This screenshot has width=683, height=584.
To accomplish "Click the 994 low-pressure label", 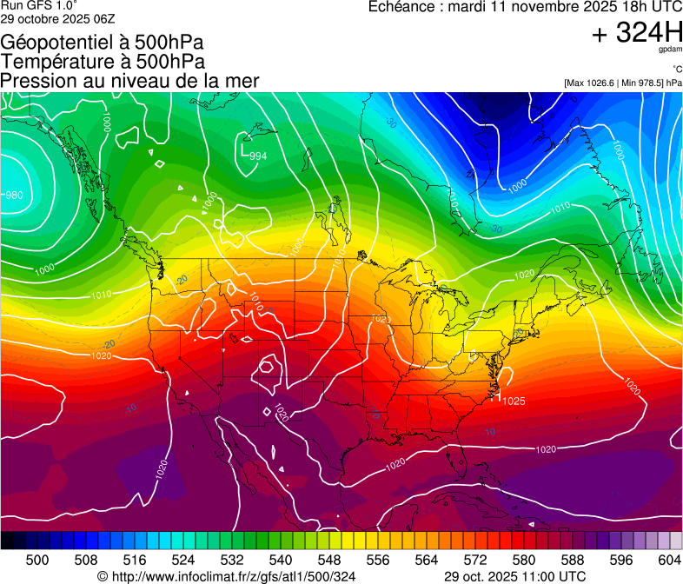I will click(258, 156).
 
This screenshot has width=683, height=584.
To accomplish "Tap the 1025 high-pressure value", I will click(514, 401).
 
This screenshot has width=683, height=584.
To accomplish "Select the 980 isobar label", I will click(14, 196).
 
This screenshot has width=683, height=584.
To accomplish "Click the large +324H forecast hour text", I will click(637, 33).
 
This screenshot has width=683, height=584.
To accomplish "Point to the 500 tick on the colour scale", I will click(37, 560).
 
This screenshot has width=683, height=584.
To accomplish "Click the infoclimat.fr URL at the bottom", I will click(227, 576).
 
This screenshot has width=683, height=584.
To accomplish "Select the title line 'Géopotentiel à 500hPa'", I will click(103, 43).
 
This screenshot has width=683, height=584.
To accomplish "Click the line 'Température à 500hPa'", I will click(103, 62).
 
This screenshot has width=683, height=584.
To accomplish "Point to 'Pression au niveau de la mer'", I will click(130, 81).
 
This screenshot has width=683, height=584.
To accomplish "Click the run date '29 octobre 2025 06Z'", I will click(57, 18).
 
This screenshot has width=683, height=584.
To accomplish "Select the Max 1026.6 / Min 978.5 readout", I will click(622, 83).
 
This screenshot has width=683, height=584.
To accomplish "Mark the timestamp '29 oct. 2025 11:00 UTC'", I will click(514, 576).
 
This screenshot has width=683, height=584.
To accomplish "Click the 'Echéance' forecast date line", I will click(525, 7).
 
